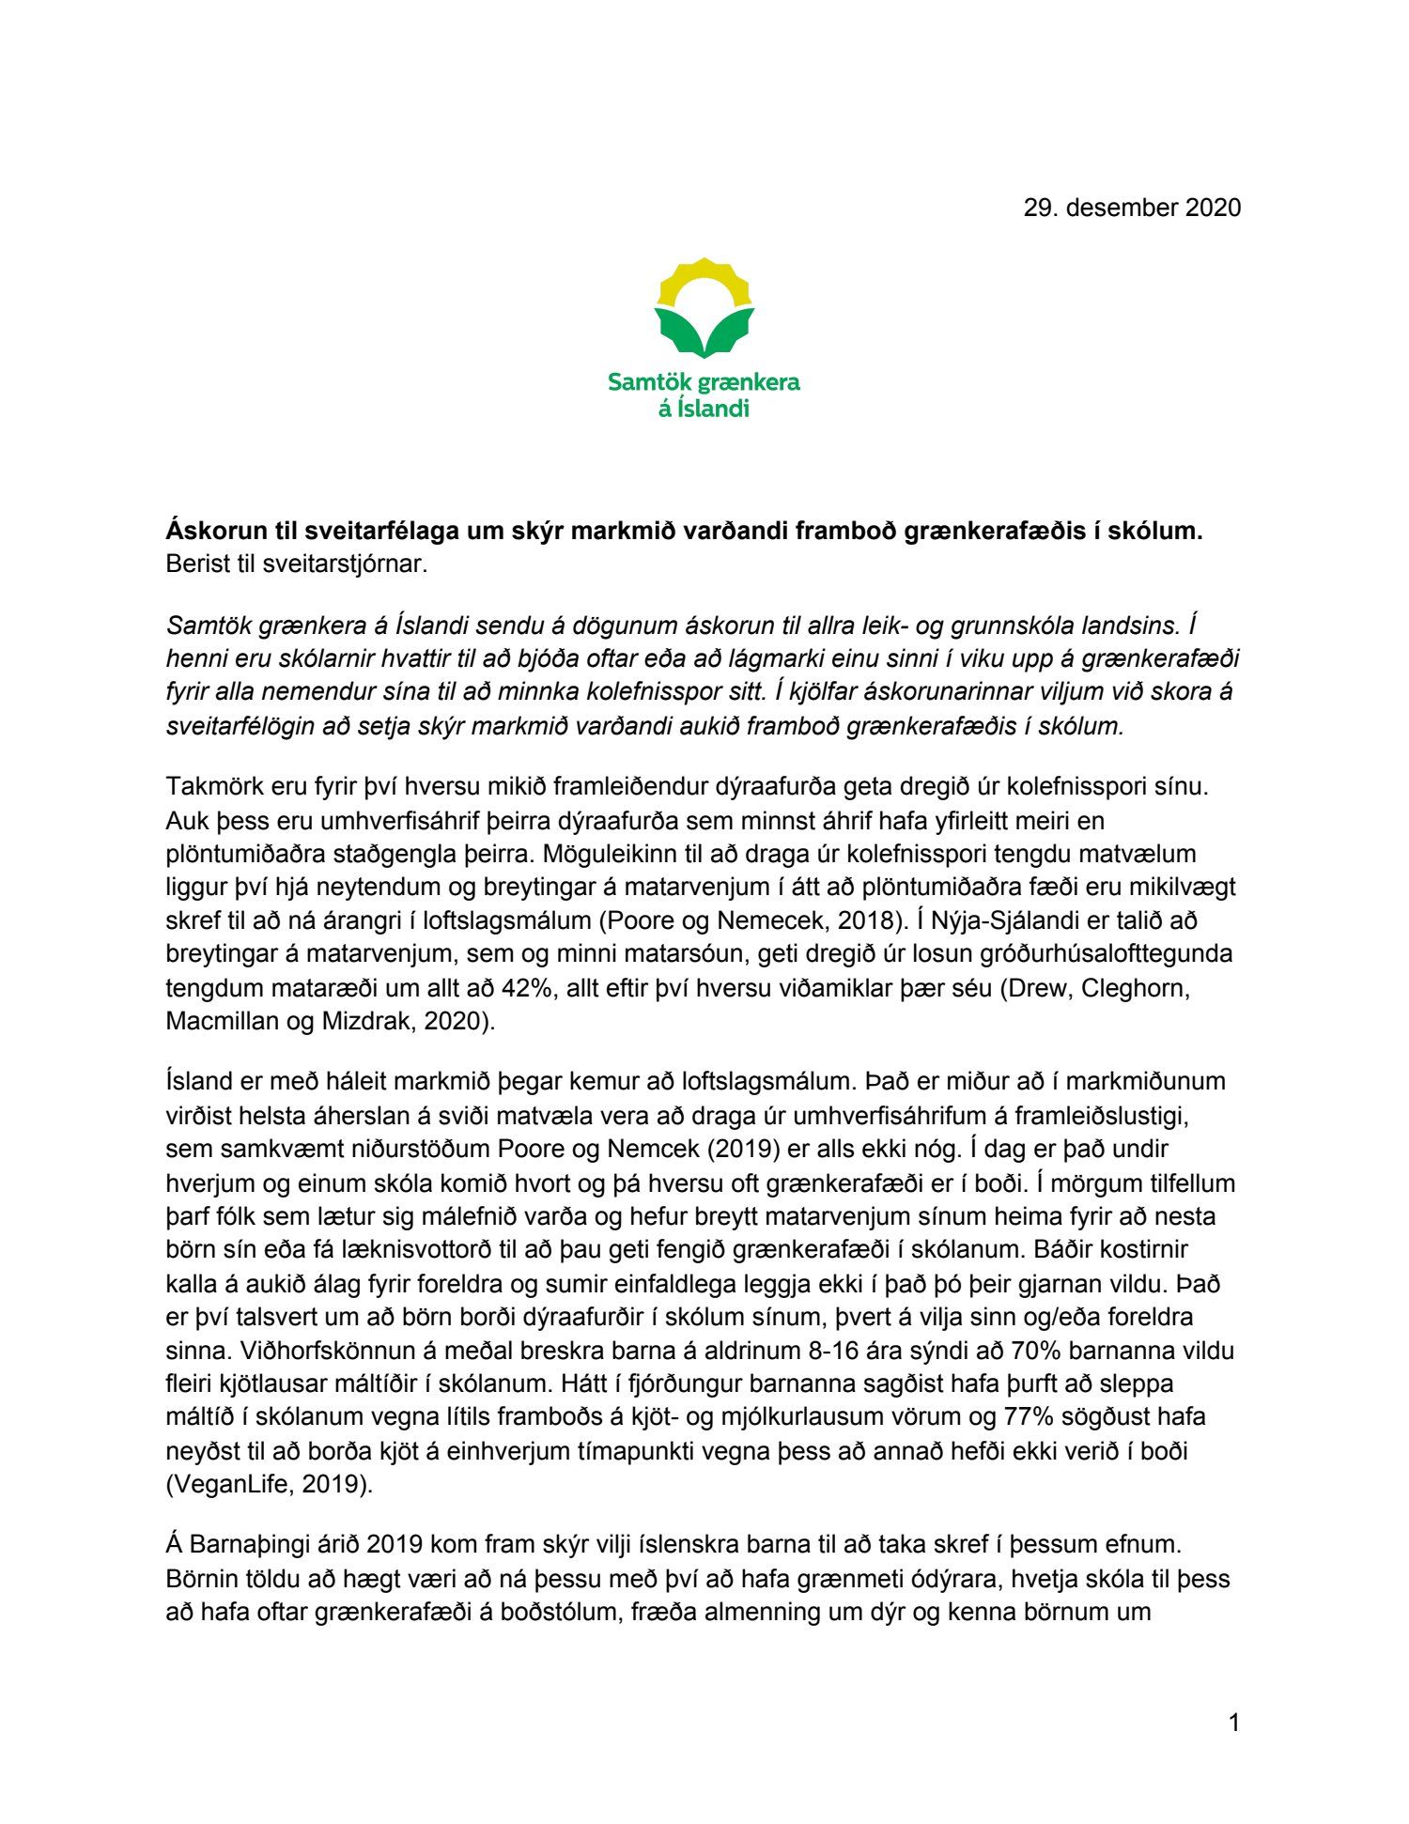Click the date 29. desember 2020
(1132, 208)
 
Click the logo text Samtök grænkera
(704, 382)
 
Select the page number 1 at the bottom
(1233, 1723)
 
